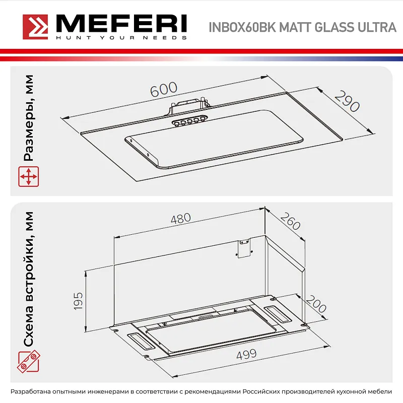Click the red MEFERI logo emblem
coord(36,26)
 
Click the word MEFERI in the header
coord(121,23)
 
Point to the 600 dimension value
coord(163,89)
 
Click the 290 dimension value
coord(347,101)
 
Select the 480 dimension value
coord(181,219)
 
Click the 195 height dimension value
coord(78,301)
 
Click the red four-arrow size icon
coord(29,178)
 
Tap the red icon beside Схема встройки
coord(29,361)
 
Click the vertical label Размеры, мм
coord(29,118)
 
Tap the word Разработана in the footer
coord(33,392)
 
